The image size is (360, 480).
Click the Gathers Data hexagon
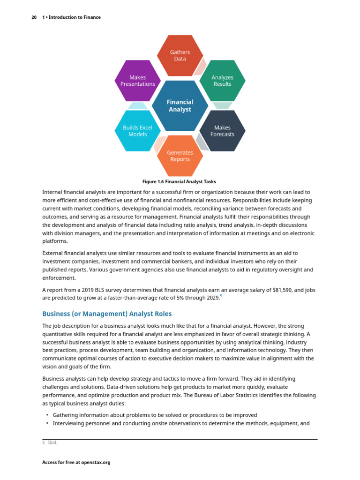click(x=180, y=55)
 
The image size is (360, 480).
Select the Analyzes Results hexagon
click(x=222, y=81)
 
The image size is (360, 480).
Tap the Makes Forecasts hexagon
click(x=222, y=131)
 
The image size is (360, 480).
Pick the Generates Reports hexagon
click(x=180, y=156)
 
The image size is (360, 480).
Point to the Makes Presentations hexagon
click(x=137, y=81)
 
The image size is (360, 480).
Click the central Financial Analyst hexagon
click(x=180, y=105)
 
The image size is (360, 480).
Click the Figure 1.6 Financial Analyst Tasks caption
click(x=179, y=181)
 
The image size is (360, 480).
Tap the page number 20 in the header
click(x=34, y=17)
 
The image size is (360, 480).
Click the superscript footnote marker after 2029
click(x=221, y=295)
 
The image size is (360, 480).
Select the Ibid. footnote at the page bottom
click(x=52, y=442)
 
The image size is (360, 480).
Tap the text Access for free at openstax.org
click(x=76, y=463)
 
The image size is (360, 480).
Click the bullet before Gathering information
click(x=47, y=415)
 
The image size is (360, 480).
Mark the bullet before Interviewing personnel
click(x=47, y=423)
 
